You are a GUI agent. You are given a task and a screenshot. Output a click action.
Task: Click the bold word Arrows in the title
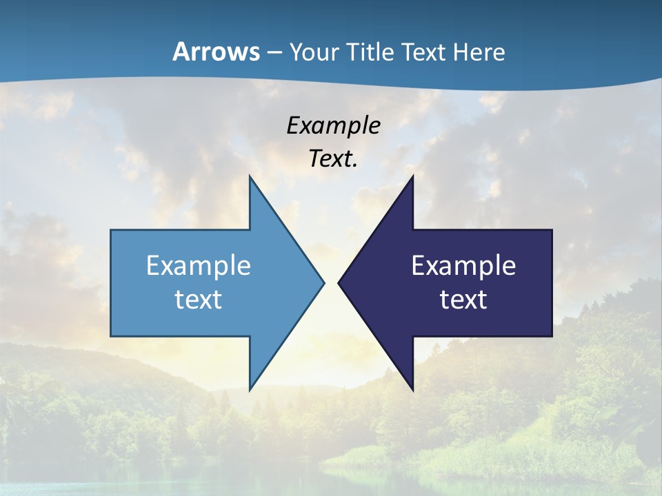point(215,52)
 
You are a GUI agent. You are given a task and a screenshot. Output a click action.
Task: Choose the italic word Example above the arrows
point(333,126)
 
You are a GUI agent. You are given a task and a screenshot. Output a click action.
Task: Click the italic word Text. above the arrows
point(333,159)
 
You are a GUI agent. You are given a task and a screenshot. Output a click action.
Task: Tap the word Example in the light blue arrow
point(199,266)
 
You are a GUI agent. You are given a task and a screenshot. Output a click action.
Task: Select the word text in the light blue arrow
point(199,300)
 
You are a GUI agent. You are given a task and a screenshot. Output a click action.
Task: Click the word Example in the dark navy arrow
point(463,266)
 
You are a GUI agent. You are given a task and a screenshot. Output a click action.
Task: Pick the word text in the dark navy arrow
point(463,300)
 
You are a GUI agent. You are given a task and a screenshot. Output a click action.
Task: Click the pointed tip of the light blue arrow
point(323,282)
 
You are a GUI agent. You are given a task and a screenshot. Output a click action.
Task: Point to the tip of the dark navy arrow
point(339,282)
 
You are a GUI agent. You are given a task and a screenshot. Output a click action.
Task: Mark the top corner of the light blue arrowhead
point(250,177)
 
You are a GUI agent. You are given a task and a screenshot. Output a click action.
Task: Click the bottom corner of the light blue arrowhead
point(250,389)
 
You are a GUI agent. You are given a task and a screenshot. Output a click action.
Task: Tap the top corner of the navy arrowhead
point(412,177)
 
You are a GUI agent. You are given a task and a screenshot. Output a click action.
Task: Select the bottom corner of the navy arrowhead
point(412,389)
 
